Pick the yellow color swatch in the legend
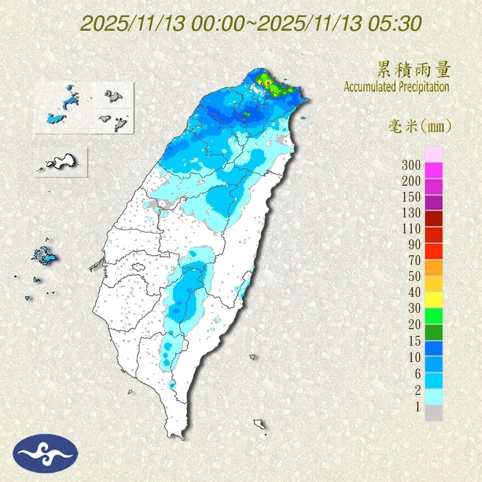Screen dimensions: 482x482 tap(434, 298)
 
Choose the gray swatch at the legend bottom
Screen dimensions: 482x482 tap(434, 413)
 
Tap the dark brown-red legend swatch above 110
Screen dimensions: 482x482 tap(434, 217)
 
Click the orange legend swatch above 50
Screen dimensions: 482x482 tap(434, 267)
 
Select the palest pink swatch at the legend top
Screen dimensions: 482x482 tap(434, 154)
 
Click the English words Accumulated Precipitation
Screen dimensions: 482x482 tap(397, 87)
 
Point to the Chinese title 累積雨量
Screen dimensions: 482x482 tap(414, 70)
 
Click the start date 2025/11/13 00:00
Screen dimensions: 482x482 tap(167, 24)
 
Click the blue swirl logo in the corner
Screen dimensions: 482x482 tap(47, 453)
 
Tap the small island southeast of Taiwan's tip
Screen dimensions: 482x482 tap(260, 425)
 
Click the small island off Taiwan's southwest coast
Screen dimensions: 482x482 tap(130, 392)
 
